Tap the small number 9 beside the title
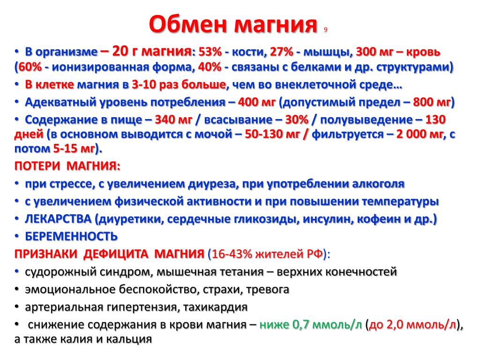(x=325, y=30)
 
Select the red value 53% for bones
(x=210, y=52)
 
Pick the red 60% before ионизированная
(x=30, y=67)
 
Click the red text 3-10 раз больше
(x=179, y=84)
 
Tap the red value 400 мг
(x=256, y=102)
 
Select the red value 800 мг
(x=432, y=102)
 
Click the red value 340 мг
(x=173, y=120)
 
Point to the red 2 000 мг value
(x=420, y=134)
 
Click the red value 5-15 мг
(x=74, y=149)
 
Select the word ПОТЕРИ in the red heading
(x=37, y=166)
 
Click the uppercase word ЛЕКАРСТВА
(x=58, y=219)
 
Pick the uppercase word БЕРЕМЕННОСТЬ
(x=71, y=237)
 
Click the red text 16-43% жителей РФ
(x=267, y=254)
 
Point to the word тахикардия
(x=215, y=307)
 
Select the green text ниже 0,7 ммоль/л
(x=310, y=324)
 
